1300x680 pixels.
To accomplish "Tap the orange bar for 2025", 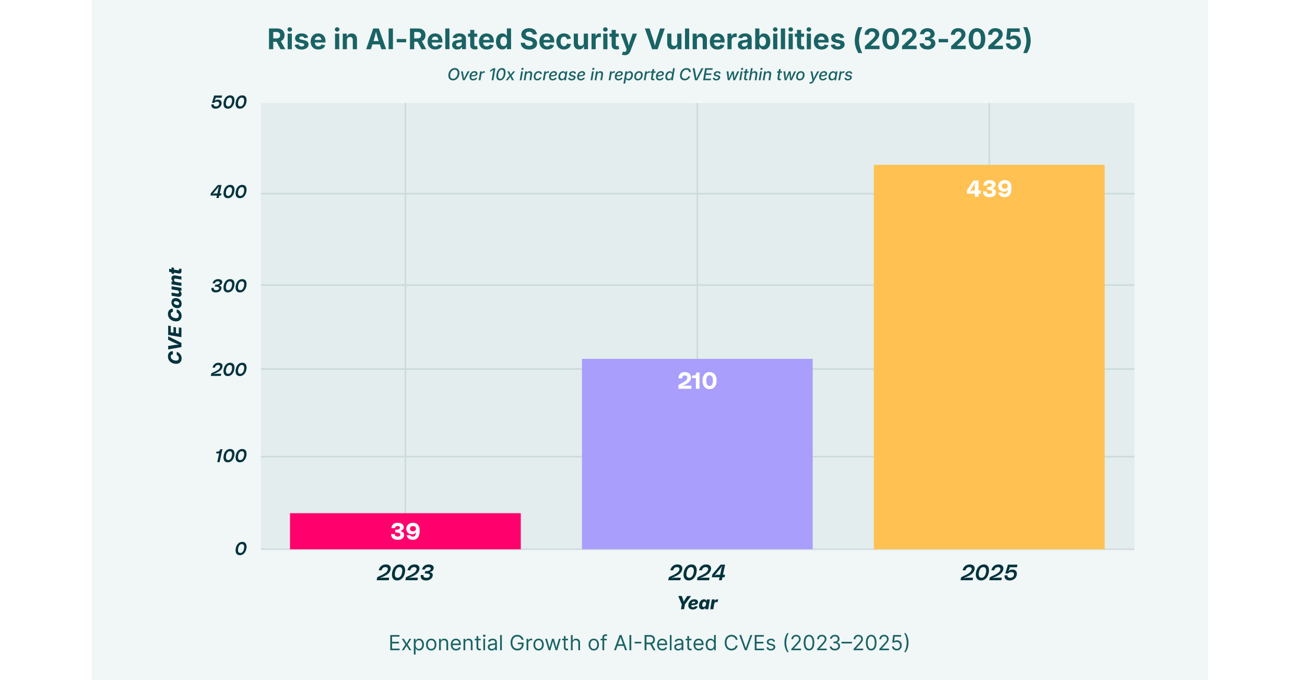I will (x=989, y=366).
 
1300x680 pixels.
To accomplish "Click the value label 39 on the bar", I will (x=405, y=532).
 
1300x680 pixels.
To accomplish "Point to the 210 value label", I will (x=697, y=381).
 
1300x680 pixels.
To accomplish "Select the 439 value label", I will (x=989, y=189).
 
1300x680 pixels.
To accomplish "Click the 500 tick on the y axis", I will (x=229, y=102).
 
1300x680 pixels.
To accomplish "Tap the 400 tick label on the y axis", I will (x=229, y=192).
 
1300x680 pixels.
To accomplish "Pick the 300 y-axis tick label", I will (x=229, y=286).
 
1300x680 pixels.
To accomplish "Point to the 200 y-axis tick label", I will (x=229, y=370).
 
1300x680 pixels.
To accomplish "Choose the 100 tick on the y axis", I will (x=230, y=456).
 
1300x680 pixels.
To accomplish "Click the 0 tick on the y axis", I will (x=241, y=549).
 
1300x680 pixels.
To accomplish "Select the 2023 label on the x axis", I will (x=405, y=573).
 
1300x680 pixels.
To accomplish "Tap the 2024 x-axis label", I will (x=697, y=573).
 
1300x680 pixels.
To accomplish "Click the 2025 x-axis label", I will (x=989, y=573).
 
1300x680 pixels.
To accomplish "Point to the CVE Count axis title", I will (x=175, y=316).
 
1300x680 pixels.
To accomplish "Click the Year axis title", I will (x=697, y=603).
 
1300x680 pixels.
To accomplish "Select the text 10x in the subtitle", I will (x=502, y=75).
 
